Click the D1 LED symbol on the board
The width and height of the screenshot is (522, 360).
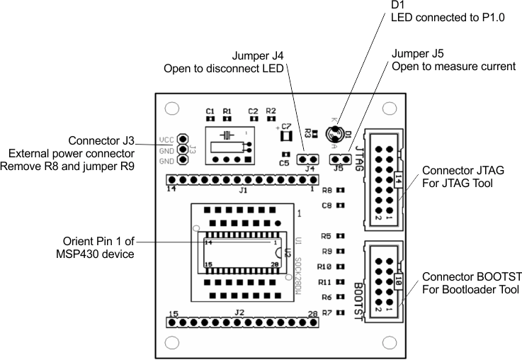coord(333,133)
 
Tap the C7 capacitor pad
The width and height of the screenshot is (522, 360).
coord(286,135)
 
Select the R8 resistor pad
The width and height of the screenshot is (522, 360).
coord(341,191)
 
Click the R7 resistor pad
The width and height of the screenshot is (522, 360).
coord(341,312)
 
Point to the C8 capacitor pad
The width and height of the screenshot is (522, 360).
coord(341,206)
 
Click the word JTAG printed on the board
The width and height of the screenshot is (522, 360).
coord(358,152)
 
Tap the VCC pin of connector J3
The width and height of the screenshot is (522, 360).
coord(183,140)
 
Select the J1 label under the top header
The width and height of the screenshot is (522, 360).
coord(243,190)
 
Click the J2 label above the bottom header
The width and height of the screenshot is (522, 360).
coord(239,312)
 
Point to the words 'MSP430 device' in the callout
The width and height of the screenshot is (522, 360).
coord(99,254)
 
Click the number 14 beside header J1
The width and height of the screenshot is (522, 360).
coord(171,189)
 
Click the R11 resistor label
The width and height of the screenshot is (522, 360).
coord(326,281)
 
